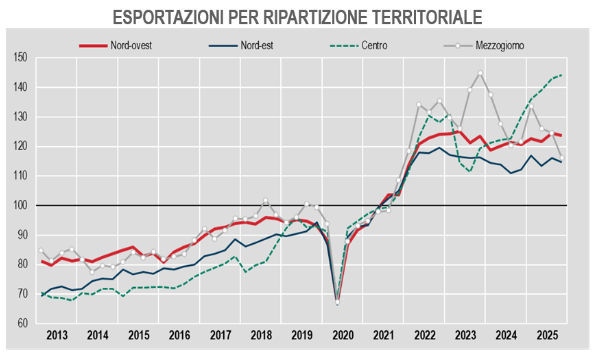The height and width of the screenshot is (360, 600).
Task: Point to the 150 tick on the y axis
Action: coord(20,58)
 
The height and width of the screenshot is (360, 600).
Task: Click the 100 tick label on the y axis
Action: coord(20,205)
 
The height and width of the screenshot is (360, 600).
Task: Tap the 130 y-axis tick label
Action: coord(20,117)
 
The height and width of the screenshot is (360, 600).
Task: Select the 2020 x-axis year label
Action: coord(342,337)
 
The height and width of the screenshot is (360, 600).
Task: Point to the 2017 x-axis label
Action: coord(221,337)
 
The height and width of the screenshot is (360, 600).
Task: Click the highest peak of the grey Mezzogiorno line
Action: coord(480,72)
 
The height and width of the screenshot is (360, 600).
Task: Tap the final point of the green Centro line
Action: coord(561,75)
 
